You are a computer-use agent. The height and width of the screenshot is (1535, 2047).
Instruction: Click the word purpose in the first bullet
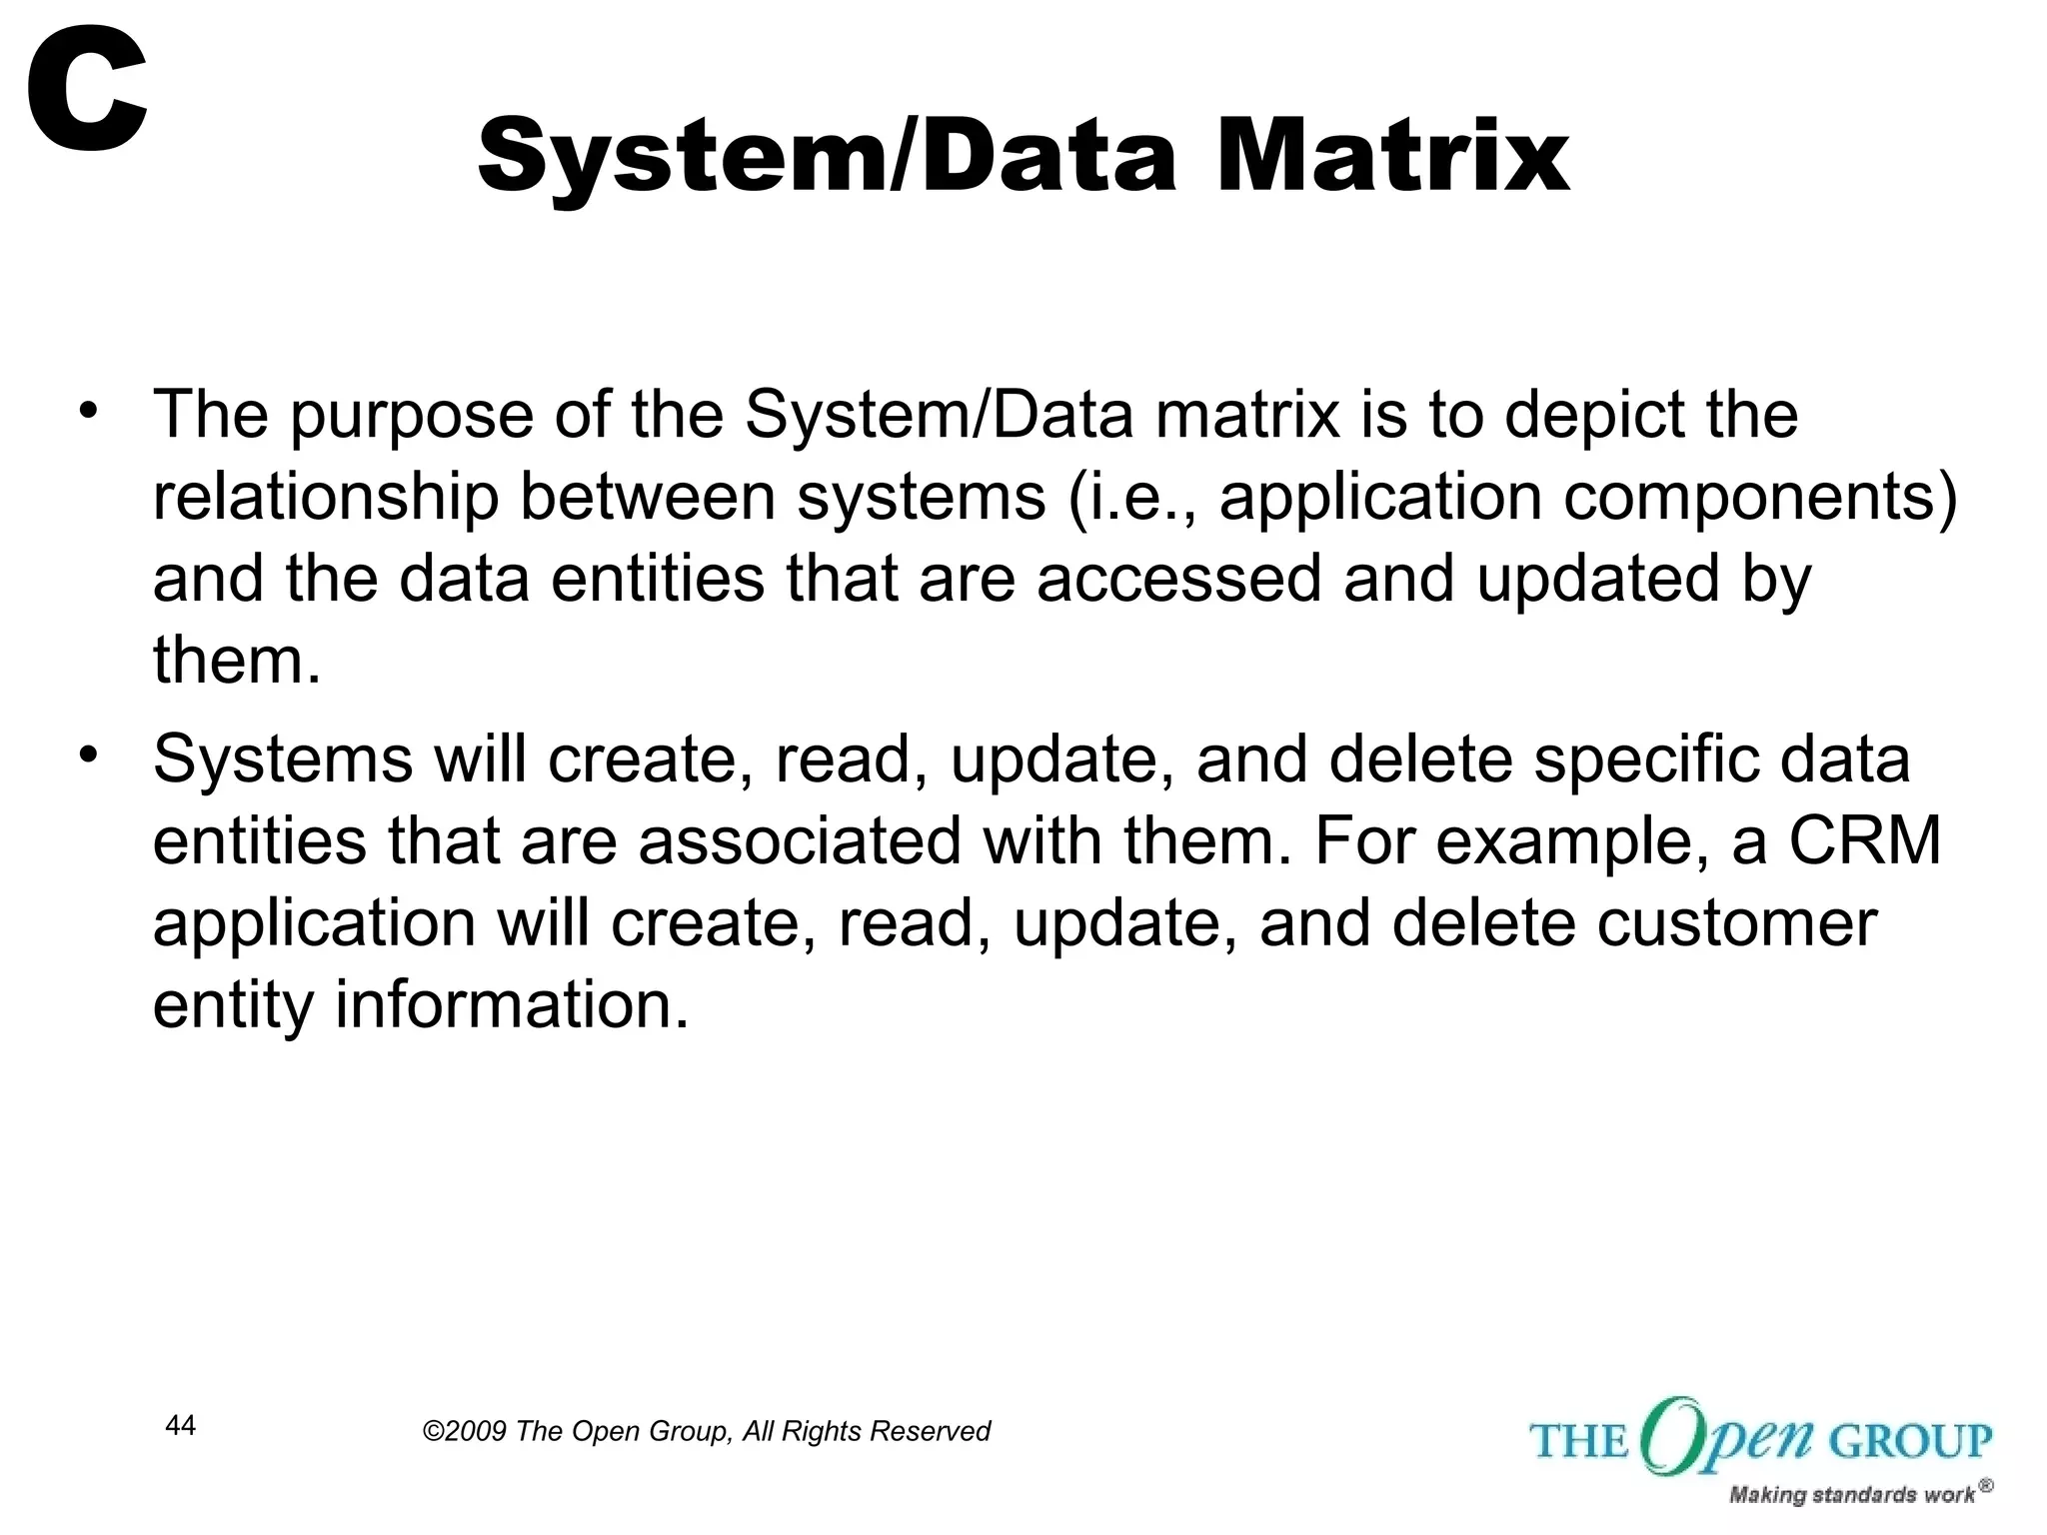(x=412, y=418)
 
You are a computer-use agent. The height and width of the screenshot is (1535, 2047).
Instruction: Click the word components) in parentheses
(x=1760, y=499)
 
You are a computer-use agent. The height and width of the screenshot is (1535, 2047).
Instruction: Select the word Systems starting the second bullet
(x=283, y=759)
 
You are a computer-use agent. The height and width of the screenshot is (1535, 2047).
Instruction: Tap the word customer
(x=1736, y=924)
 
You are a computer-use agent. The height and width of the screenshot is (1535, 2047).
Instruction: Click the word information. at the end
(x=511, y=1004)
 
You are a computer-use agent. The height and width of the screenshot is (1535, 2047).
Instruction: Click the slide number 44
(x=180, y=1425)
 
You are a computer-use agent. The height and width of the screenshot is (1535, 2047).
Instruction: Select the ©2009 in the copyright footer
(x=466, y=1432)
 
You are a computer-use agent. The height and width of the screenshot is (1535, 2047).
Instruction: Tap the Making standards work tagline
(x=1851, y=1495)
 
